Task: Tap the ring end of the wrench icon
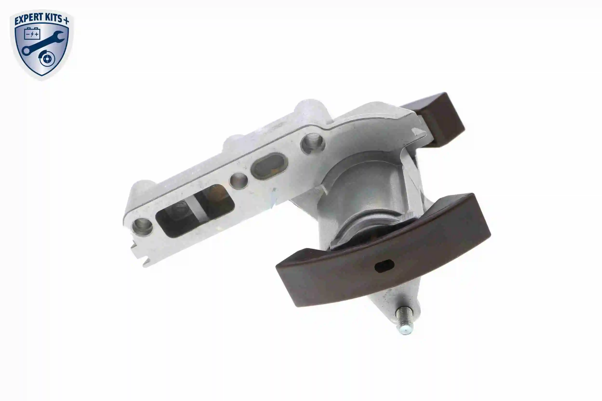(26, 51)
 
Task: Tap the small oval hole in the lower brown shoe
(384, 266)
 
